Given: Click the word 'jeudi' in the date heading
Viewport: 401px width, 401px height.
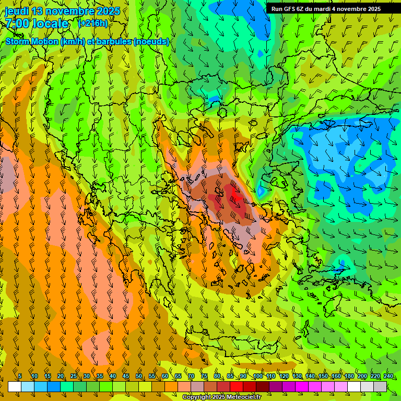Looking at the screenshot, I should click(x=17, y=11).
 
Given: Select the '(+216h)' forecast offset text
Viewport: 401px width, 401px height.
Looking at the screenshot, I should click(x=92, y=23).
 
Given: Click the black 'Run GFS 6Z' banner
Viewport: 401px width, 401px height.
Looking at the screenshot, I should click(x=326, y=8).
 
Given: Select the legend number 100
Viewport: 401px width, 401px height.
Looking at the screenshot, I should click(x=258, y=376).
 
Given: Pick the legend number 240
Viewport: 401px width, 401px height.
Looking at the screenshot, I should click(x=388, y=376).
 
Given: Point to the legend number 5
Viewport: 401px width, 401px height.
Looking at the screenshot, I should click(x=20, y=376).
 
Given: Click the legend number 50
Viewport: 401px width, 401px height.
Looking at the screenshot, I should click(x=139, y=376).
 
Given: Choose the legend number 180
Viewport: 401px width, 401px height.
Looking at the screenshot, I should click(x=349, y=376).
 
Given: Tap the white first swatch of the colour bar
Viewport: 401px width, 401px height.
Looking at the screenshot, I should click(x=15, y=386).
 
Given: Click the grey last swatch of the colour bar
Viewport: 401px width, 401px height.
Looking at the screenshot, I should click(x=380, y=386).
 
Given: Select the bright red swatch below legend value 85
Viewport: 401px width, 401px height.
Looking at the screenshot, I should click(x=237, y=386).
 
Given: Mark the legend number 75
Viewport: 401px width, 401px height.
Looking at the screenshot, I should click(x=204, y=376).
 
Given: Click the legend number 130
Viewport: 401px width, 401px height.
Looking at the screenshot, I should click(x=297, y=376).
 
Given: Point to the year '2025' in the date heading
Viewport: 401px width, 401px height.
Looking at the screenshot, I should click(x=108, y=11).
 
